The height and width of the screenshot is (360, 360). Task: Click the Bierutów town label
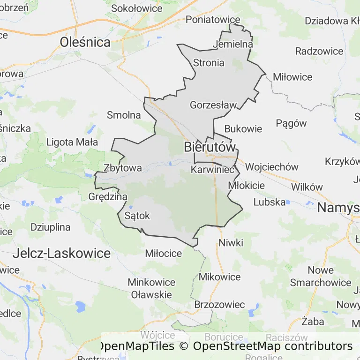[x=209, y=147]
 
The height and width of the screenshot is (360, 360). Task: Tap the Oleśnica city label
[x=85, y=43]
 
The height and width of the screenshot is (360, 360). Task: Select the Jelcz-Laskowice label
[x=62, y=254]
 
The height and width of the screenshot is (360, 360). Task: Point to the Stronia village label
[x=209, y=62]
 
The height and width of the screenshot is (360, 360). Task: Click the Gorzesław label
[x=213, y=105]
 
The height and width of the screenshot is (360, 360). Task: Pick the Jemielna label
[x=232, y=44]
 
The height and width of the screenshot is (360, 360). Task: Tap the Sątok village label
[x=137, y=216]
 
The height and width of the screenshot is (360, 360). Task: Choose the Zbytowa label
[x=122, y=167]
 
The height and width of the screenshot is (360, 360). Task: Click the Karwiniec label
[x=212, y=170]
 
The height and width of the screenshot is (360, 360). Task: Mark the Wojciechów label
[x=272, y=167]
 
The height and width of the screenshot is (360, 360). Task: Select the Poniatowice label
[x=213, y=20]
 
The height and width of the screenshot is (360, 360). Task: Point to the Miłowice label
[x=292, y=77]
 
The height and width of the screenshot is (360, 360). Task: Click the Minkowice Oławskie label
[x=151, y=289]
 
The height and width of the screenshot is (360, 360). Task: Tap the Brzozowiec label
[x=219, y=305]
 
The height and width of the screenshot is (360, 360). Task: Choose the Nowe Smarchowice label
[x=321, y=277]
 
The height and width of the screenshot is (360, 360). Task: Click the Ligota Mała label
[x=72, y=142]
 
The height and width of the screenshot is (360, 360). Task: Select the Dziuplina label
[x=50, y=227]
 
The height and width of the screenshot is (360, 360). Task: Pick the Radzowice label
[x=320, y=51]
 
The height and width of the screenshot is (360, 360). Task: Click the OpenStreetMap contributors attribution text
[x=272, y=346]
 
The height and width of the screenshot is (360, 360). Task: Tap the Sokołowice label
[x=137, y=8]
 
